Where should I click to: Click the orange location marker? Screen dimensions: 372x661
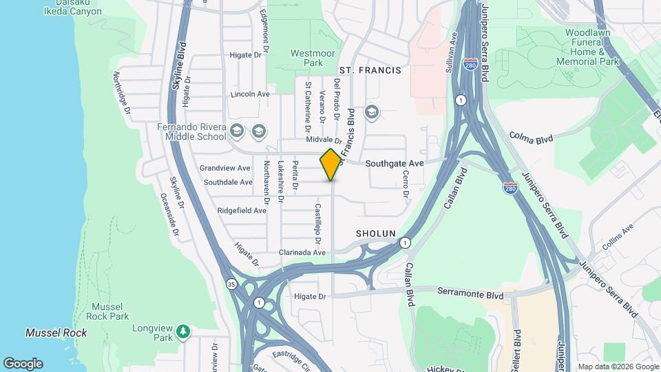(x=330, y=164)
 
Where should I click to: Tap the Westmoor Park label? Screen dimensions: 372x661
(x=306, y=58)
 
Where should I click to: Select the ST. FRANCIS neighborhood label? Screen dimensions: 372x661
(x=370, y=70)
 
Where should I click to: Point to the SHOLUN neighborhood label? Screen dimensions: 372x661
(x=375, y=234)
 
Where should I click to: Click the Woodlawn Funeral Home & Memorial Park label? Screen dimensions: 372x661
(x=592, y=47)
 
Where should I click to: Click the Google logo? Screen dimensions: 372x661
(x=23, y=364)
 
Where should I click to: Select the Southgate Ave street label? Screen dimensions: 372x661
(x=394, y=163)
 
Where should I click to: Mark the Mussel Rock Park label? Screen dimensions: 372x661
(x=109, y=311)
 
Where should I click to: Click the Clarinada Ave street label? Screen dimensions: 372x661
(x=302, y=252)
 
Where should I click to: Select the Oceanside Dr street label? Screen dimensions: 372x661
(x=169, y=214)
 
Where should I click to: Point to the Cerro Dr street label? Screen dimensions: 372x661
(x=406, y=184)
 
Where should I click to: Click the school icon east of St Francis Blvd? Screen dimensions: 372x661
(x=372, y=112)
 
